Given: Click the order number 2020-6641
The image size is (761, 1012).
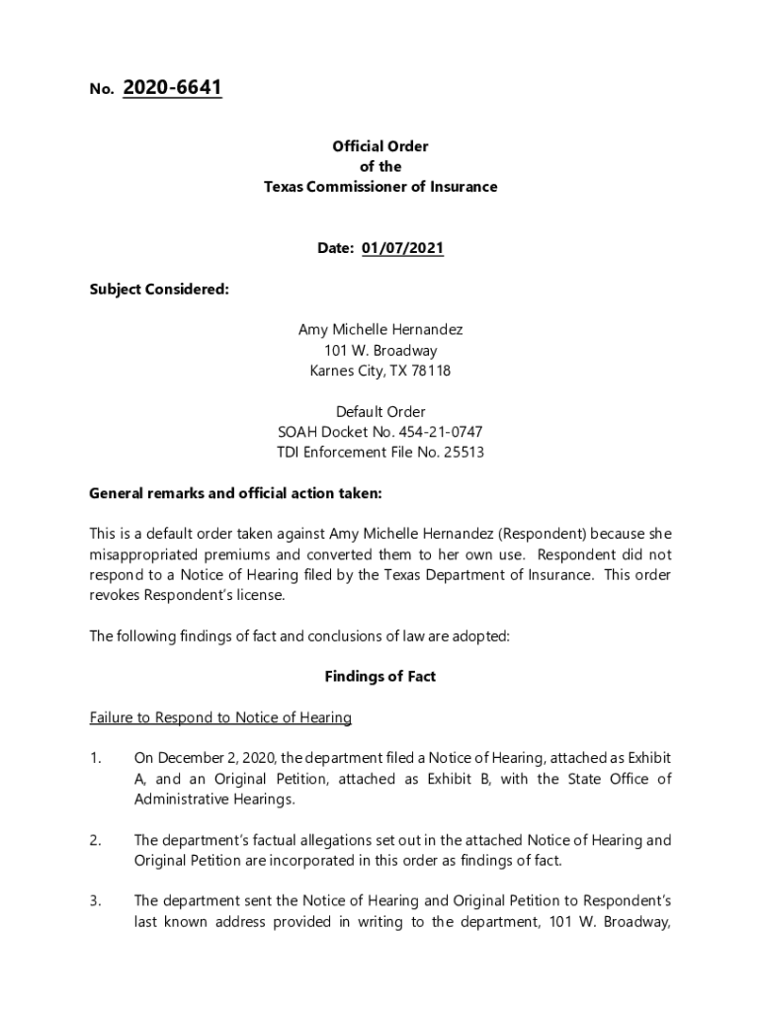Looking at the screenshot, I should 172,89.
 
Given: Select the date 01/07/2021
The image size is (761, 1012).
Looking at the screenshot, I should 402,248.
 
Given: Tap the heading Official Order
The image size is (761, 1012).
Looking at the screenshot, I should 380,146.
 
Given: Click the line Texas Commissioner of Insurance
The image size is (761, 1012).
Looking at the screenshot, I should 380,187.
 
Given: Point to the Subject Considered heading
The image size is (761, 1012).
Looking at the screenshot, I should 159,290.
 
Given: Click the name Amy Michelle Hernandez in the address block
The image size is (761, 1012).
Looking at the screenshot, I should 380,330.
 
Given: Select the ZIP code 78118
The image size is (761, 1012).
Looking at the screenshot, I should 430,371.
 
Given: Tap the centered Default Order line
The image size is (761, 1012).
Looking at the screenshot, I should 380,412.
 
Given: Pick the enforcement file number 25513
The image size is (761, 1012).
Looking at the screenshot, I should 463,453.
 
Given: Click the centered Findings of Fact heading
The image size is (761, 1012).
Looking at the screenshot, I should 380,677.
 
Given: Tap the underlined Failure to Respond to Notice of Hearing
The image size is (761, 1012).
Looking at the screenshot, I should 220,717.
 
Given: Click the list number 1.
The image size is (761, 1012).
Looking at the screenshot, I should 96,758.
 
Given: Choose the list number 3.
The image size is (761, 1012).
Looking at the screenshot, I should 96,900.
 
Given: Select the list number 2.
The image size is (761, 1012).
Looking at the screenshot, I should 96,840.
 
